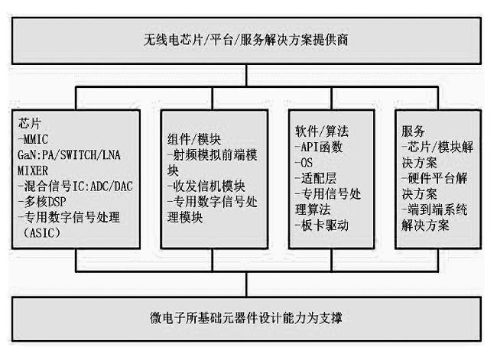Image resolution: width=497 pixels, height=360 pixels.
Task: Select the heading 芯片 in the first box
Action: point(30,122)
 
